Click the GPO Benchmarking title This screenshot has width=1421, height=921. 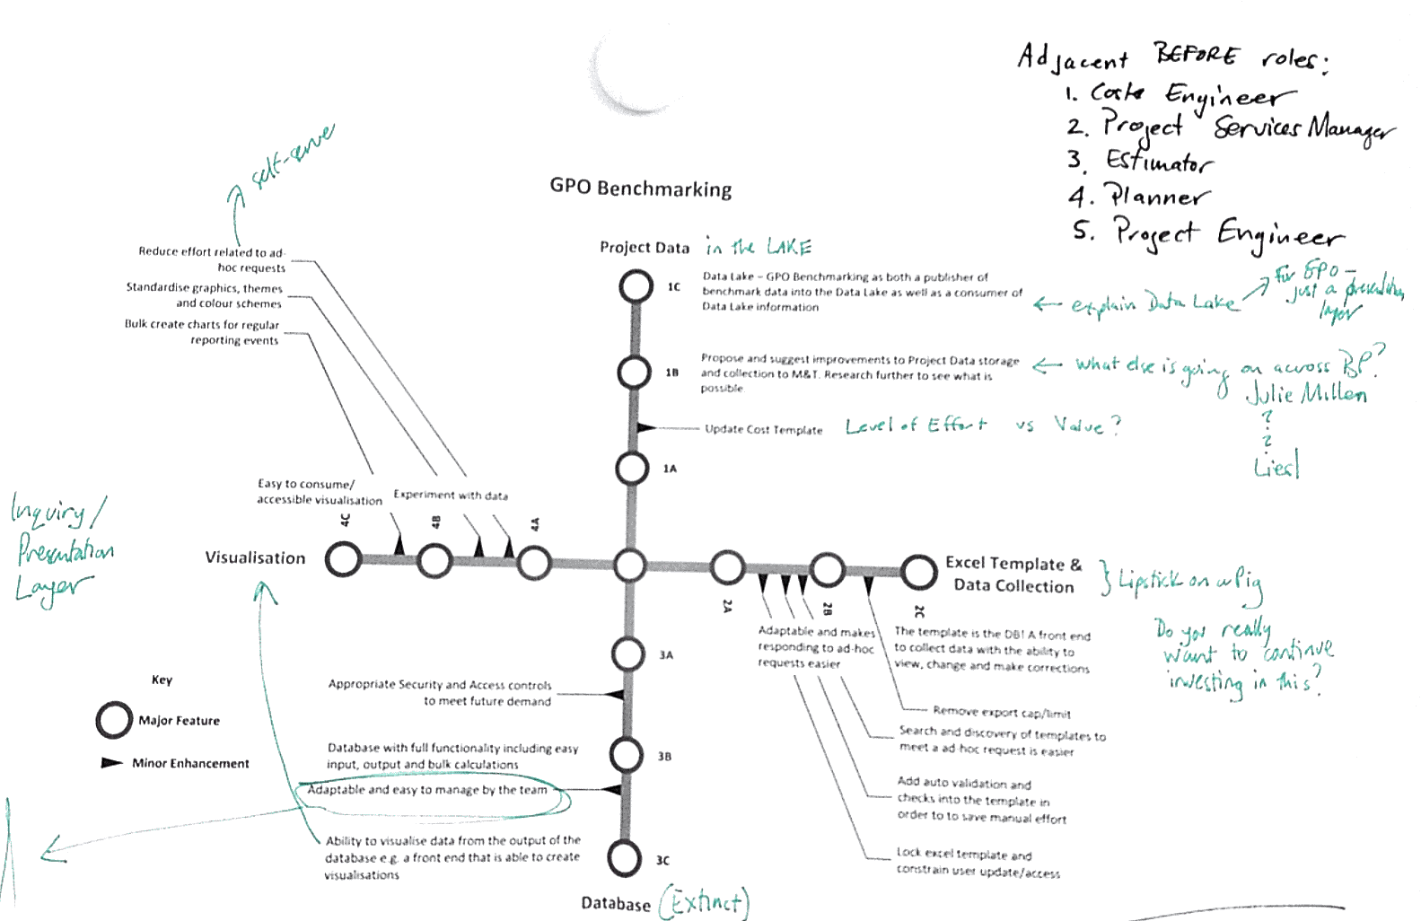point(640,189)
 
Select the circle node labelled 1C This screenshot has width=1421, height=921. point(636,287)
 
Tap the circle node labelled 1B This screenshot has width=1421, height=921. point(634,373)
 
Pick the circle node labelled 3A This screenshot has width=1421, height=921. point(627,653)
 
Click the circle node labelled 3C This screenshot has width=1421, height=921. point(624,857)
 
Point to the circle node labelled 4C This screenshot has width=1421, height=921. point(343,559)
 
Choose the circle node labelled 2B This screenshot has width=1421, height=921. point(827,569)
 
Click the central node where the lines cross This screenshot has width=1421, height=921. point(630,566)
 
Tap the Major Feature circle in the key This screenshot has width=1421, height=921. point(114,720)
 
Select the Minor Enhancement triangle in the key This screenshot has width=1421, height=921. point(111,763)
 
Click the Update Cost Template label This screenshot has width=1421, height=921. point(763,430)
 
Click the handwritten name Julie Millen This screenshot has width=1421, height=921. point(1306,393)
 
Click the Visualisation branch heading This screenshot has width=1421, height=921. point(255,557)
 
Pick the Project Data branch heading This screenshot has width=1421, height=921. point(645,248)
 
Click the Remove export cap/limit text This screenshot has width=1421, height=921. point(1001,713)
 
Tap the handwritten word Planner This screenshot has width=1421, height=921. point(1157,196)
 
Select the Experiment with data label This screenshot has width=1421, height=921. point(451,496)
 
